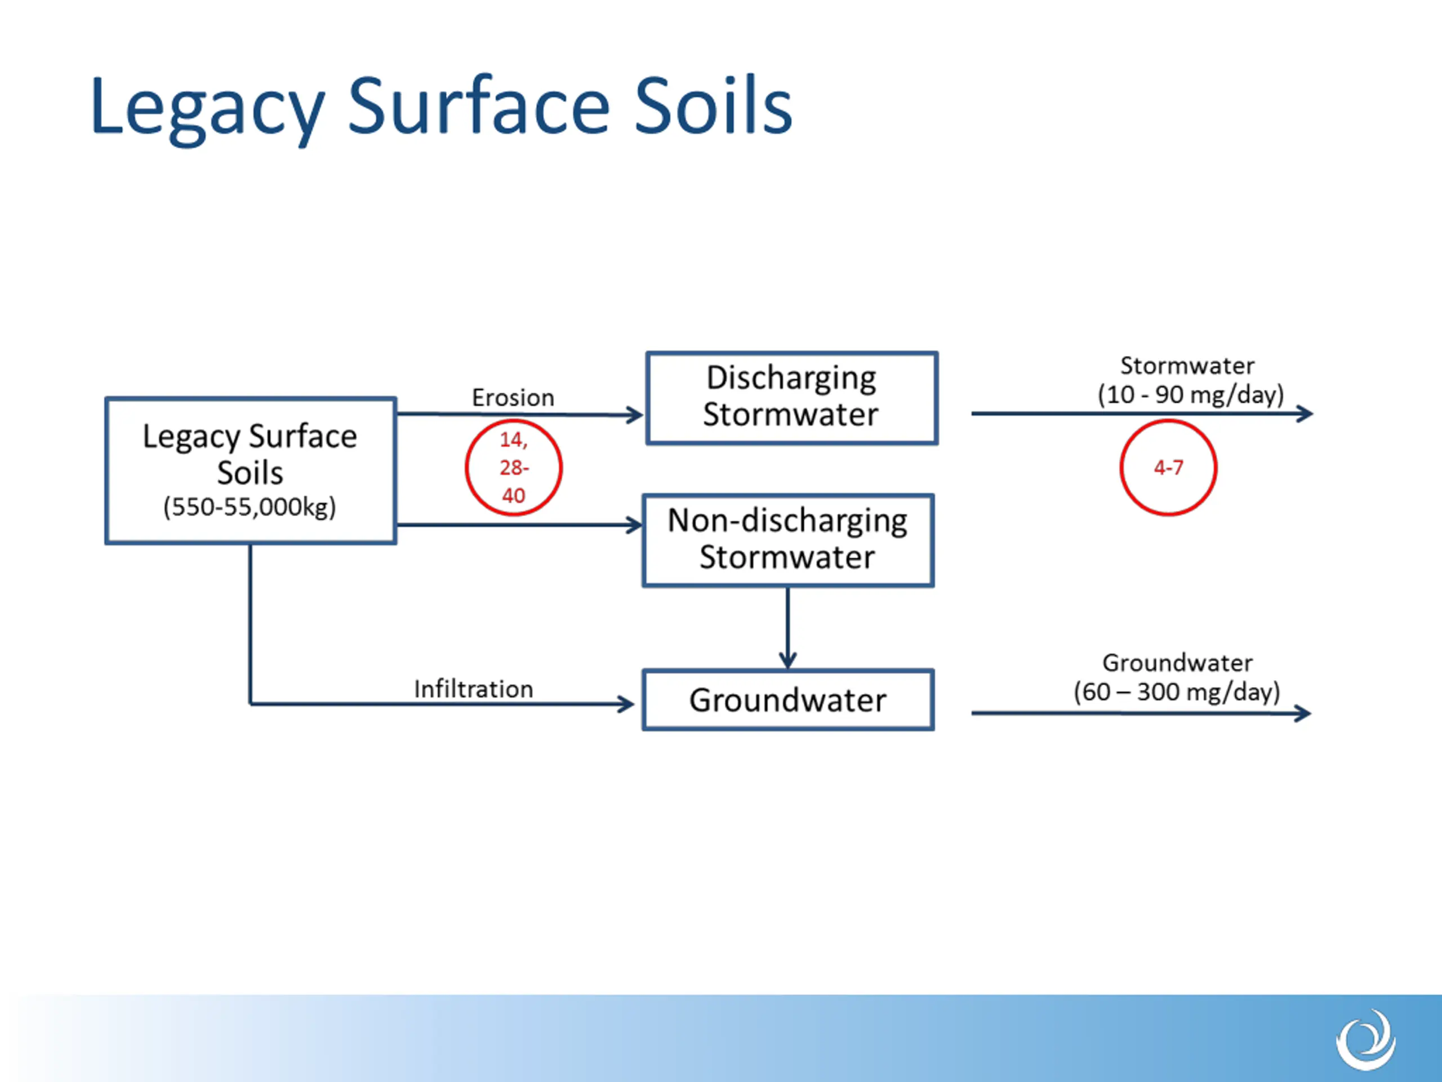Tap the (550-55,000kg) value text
250,507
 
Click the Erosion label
513,397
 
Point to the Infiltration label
473,689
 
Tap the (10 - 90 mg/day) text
1191,394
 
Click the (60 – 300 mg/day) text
1177,691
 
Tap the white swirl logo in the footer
1366,1039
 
